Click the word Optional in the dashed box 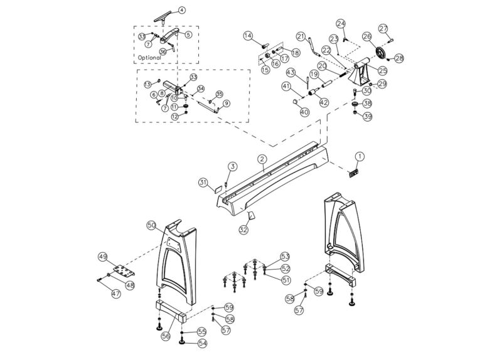click(148, 57)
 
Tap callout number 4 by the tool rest click(181, 10)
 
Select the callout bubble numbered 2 click(262, 160)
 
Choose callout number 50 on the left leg click(151, 224)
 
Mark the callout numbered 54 click(202, 343)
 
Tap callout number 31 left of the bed click(203, 182)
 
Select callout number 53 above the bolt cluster click(286, 257)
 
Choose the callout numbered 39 click(368, 116)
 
